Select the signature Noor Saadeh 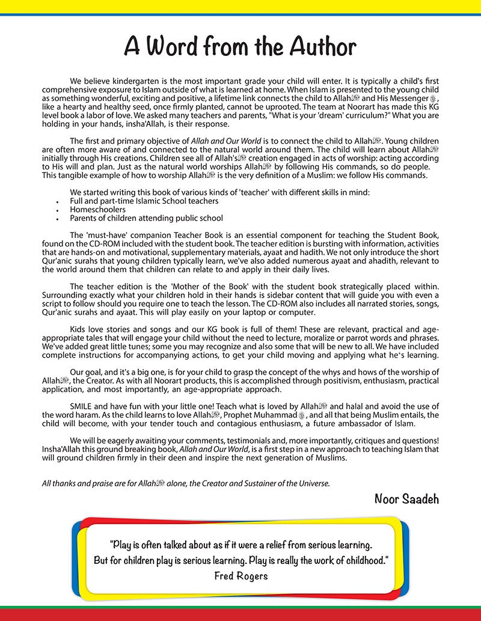pos(406,498)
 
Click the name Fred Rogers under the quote pos(240,575)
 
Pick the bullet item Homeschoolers pos(99,210)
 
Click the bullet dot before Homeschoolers pos(55,210)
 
